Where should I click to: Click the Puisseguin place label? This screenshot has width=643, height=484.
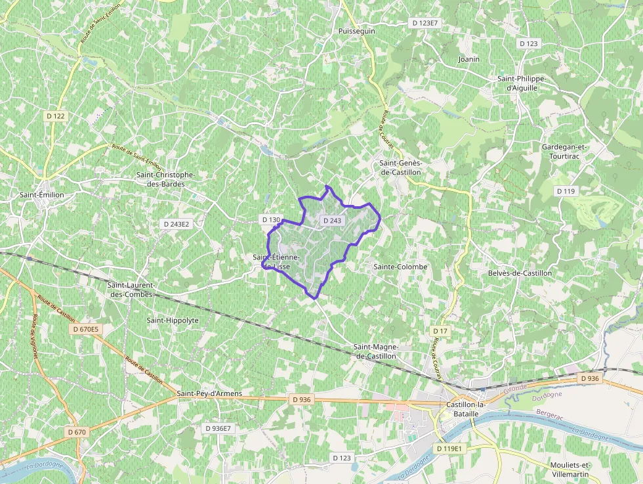(357, 31)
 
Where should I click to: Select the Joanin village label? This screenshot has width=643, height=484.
(469, 59)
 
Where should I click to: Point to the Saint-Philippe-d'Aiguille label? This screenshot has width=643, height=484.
(522, 83)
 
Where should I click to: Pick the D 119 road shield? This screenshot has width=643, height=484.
(566, 191)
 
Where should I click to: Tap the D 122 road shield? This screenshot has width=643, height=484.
(56, 116)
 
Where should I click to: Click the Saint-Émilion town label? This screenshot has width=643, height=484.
(42, 195)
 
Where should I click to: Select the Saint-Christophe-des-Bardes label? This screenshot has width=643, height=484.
(165, 179)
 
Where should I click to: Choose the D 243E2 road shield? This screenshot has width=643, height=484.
(176, 224)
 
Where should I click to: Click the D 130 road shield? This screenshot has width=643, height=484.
(271, 219)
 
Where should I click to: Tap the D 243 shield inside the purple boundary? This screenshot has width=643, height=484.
(332, 221)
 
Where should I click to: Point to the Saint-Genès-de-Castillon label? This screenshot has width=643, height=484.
(400, 167)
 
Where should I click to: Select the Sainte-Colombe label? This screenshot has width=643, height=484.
(400, 267)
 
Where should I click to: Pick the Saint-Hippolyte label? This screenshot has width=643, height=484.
(173, 320)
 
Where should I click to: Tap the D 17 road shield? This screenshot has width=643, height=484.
(440, 330)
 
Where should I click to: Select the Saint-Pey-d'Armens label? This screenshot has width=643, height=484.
(209, 393)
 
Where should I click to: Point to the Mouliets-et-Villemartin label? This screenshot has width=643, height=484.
(571, 469)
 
